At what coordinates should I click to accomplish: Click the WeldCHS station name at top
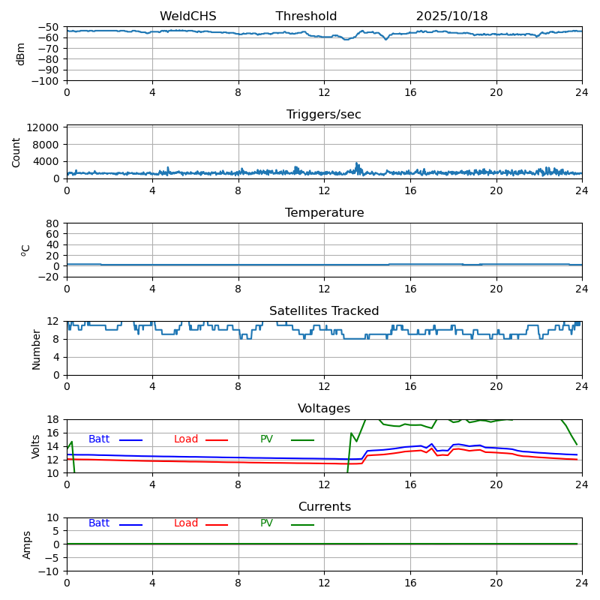click(187, 16)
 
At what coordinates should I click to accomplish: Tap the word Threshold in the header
click(306, 16)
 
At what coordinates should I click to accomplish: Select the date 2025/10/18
click(451, 16)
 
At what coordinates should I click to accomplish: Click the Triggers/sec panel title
click(324, 115)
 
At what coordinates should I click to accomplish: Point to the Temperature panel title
click(324, 213)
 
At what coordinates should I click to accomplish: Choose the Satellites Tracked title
click(324, 311)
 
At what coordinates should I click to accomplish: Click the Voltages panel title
click(324, 409)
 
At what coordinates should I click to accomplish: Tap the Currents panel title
click(324, 507)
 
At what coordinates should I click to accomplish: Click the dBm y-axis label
click(21, 54)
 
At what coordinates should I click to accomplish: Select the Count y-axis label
click(16, 151)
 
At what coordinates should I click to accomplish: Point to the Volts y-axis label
click(36, 446)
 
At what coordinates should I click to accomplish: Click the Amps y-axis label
click(27, 544)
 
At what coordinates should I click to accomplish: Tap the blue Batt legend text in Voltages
click(99, 439)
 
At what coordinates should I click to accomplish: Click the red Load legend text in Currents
click(186, 523)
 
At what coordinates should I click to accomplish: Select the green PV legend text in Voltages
click(266, 439)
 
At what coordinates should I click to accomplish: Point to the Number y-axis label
click(36, 349)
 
